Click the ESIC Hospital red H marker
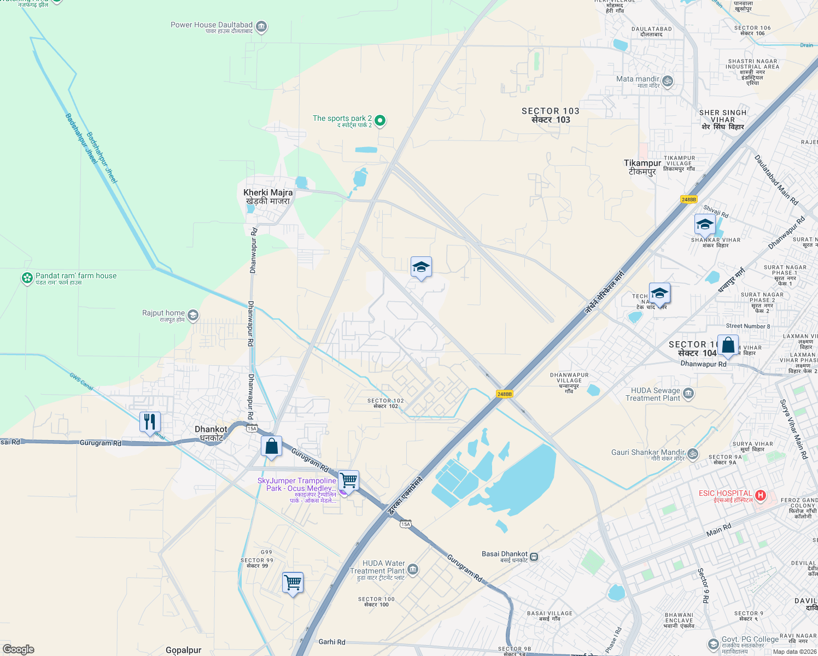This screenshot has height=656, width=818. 760,496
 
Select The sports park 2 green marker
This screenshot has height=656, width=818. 380,120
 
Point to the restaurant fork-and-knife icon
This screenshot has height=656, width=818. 150,422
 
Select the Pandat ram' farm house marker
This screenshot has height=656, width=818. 27,278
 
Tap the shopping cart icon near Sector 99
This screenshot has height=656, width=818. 293,583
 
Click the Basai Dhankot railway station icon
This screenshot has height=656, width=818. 534,557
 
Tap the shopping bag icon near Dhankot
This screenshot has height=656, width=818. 271,447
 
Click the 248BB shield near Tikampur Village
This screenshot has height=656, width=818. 689,200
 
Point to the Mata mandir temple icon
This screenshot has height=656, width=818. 668,81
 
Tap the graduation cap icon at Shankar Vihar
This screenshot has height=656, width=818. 705,225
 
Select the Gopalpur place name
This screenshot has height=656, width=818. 183,650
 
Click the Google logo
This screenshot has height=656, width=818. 18,649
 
